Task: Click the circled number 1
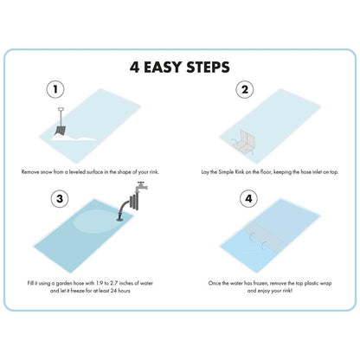[x=55, y=89]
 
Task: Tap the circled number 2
[x=245, y=89]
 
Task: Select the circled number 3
[x=60, y=199]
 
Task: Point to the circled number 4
[x=248, y=199]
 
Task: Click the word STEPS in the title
[x=209, y=67]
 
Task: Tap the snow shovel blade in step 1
[x=60, y=131]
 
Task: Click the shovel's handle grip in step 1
[x=61, y=109]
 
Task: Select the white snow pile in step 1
[x=74, y=138]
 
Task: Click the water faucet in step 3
[x=141, y=187]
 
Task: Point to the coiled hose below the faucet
[x=133, y=202]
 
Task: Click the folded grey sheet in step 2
[x=244, y=140]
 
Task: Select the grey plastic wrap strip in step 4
[x=263, y=236]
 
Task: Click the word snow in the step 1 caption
[x=46, y=172]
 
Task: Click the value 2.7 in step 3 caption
[x=114, y=283]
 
